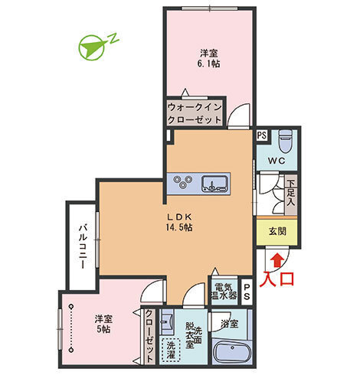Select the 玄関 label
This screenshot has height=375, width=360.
pos(277,230)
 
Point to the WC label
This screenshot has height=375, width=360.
pos(277,161)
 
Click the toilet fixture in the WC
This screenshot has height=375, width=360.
pos(285,141)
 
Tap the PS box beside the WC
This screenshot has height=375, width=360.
pos(262,135)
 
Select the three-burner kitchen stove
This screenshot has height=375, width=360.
pos(185,182)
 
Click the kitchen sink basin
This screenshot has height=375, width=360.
pos(214,182)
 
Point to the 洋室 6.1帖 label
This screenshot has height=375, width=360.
pos(208,59)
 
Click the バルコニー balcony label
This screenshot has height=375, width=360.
pos(80,246)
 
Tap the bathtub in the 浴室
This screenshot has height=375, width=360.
pos(234,355)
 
